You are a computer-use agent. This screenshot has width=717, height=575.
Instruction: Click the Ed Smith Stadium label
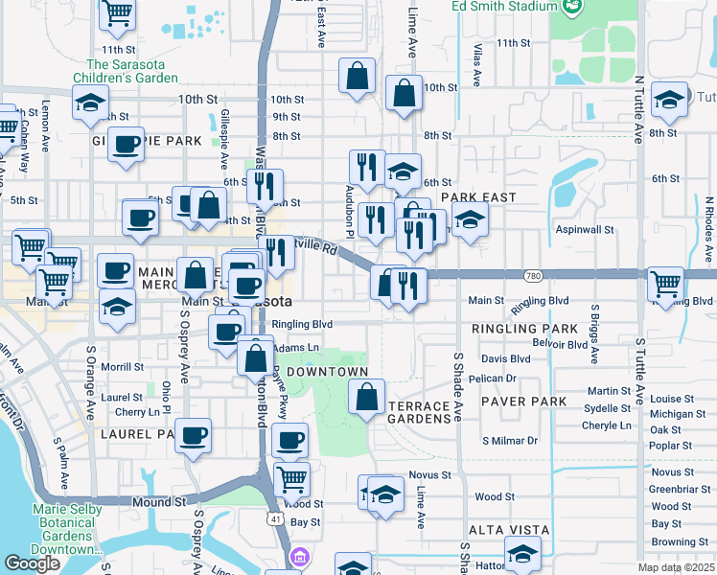pos(506,5)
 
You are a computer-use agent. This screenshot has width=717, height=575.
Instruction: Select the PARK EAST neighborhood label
pos(478,196)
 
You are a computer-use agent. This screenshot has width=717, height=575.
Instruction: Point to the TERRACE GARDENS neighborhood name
pos(419,413)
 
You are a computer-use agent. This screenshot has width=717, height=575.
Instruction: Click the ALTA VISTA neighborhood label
pos(508,530)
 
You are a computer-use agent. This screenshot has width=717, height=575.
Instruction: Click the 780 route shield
pos(532,275)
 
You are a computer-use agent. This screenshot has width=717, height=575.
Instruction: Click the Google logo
pos(32,563)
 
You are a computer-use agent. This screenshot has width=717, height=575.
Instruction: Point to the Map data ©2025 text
pos(677,567)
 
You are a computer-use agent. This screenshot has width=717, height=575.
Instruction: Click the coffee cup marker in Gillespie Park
pos(126,145)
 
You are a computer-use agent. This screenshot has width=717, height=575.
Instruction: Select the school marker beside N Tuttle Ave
pos(668,99)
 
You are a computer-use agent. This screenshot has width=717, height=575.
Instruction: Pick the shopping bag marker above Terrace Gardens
pos(366,397)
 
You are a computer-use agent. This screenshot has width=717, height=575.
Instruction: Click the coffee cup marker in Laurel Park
pos(195,436)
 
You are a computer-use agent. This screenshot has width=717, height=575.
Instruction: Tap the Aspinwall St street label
pos(585,230)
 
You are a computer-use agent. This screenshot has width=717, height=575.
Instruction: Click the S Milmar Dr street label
pos(510,440)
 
